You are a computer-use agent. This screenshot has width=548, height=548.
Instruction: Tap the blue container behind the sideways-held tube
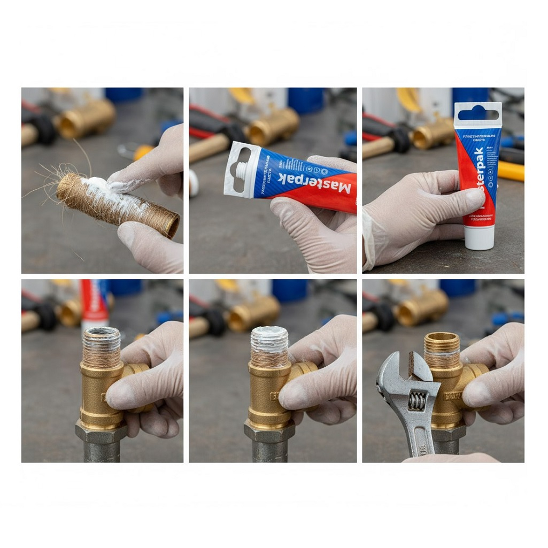(x=306, y=100)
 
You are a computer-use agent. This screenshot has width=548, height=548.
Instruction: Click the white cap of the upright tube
(x=479, y=237)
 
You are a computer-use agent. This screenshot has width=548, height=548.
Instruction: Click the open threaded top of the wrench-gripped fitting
(x=442, y=338)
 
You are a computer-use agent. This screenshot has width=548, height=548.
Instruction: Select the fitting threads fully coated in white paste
(x=269, y=339)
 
